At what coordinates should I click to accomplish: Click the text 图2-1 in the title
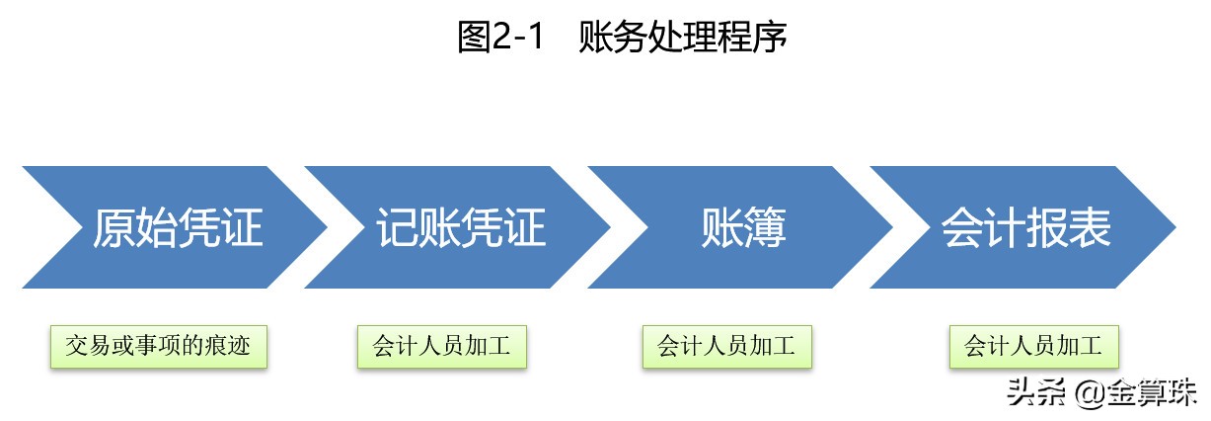[501, 38]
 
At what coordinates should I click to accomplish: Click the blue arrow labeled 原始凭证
[178, 227]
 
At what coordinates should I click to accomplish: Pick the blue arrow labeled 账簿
[743, 227]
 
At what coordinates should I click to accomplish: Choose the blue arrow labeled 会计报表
[1026, 227]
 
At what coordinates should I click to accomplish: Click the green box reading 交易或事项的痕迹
[158, 346]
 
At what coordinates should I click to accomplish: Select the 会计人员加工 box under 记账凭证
[441, 346]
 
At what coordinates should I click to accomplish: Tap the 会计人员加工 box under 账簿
[726, 346]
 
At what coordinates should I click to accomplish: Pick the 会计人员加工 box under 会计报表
[1033, 346]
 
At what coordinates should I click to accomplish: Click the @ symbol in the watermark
[1089, 394]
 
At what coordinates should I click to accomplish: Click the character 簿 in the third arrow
[766, 227]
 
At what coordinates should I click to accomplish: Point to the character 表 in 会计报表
[1092, 227]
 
